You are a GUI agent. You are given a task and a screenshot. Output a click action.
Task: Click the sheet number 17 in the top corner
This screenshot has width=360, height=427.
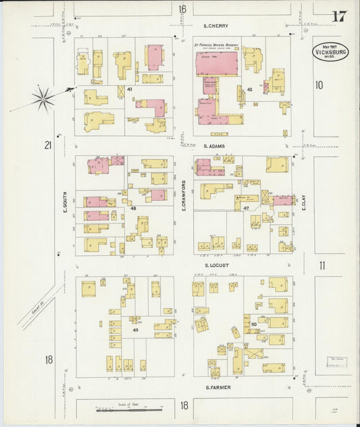point(339,17)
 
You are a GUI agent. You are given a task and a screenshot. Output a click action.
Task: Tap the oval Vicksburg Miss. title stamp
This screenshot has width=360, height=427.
point(330,53)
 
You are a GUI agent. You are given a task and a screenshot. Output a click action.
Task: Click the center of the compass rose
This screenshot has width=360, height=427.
point(43,99)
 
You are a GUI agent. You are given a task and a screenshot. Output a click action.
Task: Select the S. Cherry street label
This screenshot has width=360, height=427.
point(216,26)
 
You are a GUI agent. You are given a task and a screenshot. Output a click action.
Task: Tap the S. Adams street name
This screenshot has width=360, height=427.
point(215,145)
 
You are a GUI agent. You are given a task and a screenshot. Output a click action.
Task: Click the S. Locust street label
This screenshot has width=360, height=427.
point(217,266)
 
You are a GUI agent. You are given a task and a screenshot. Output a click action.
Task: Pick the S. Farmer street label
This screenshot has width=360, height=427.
point(217,387)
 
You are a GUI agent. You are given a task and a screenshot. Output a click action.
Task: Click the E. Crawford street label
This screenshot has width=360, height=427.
point(184,195)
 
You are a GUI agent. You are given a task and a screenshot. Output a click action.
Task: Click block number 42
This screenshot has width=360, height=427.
point(249,89)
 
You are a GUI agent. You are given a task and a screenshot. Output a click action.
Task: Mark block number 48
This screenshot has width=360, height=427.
point(133,209)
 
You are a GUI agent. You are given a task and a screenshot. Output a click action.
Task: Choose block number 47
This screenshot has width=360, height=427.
point(247,209)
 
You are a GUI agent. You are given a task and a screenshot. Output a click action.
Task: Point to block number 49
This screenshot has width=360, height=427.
point(135,329)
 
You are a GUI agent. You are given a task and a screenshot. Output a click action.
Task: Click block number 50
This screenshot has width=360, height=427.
point(254,325)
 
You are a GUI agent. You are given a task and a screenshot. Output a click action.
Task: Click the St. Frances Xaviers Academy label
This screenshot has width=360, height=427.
point(217,45)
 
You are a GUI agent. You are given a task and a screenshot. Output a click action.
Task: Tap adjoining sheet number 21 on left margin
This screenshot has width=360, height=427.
point(48,145)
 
